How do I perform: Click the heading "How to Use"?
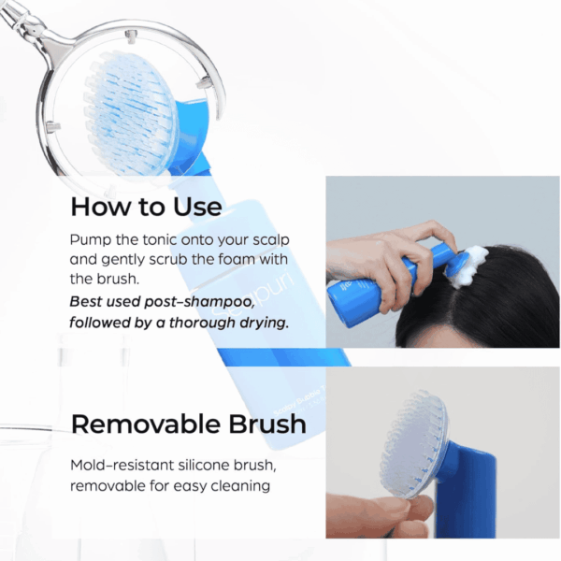point(146,207)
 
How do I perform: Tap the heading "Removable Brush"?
point(189,424)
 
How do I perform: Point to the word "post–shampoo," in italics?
point(200,302)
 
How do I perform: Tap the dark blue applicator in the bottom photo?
point(465,494)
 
